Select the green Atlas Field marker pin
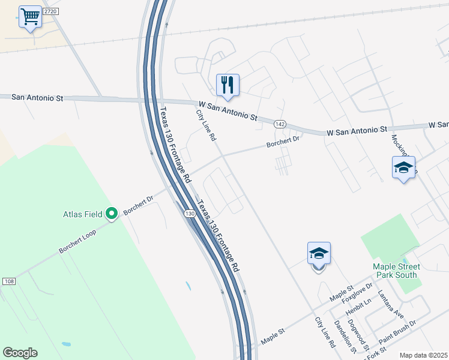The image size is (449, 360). tap(111, 213)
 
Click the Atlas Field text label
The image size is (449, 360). tap(84, 213)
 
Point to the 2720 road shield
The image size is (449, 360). tap(50, 12)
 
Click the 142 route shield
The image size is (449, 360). tap(282, 124)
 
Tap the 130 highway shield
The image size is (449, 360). tap(189, 214)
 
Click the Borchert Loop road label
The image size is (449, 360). tap(77, 241)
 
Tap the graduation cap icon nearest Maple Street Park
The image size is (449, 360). tap(319, 254)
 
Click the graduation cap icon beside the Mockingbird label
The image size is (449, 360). tap(403, 168)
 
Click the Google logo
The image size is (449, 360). tap(20, 353)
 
